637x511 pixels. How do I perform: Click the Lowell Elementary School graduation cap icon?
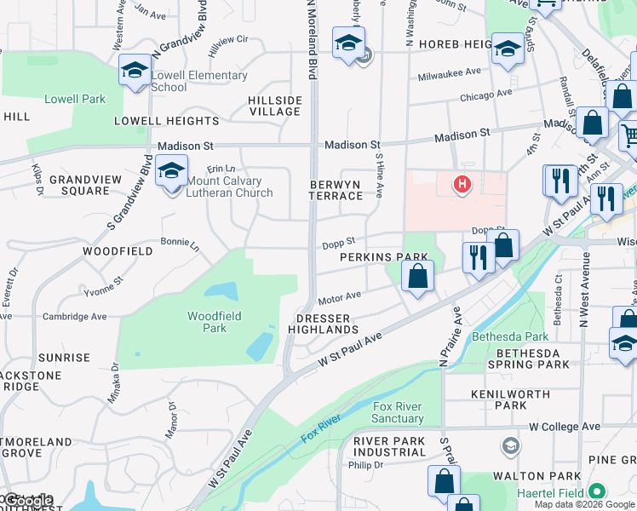tap(135, 71)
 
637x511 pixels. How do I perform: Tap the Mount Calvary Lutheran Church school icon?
tap(171, 172)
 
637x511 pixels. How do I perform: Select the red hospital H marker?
tap(462, 183)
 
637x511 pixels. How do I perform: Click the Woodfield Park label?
tap(215, 322)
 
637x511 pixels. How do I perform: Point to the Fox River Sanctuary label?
tap(398, 412)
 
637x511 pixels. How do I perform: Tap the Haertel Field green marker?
tap(597, 492)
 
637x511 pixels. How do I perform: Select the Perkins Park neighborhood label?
tap(383, 256)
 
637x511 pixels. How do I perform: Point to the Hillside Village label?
tap(274, 106)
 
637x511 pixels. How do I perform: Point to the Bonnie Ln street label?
tap(180, 243)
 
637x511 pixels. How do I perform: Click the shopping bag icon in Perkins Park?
tap(417, 277)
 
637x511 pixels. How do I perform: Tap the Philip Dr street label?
tap(365, 465)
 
